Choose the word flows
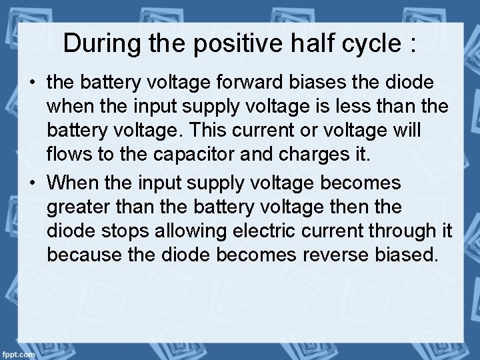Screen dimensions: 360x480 point(68,157)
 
